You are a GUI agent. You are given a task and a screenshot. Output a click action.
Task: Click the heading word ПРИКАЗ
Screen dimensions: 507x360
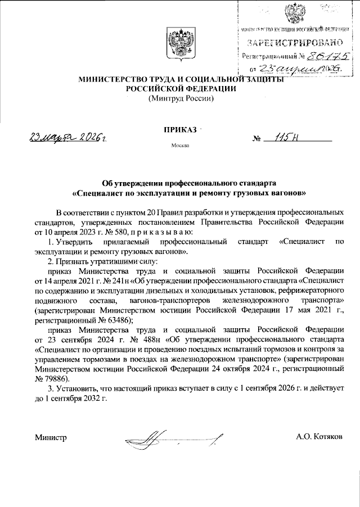click(x=180, y=130)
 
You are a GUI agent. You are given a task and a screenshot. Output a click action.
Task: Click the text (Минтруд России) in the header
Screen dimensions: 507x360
click(x=180, y=99)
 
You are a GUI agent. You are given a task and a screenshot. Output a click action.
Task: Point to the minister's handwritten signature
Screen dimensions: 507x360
click(x=174, y=437)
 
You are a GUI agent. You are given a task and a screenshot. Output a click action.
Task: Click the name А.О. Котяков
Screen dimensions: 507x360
click(x=322, y=436)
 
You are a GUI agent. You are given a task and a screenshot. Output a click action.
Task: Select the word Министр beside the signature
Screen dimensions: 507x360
click(x=51, y=436)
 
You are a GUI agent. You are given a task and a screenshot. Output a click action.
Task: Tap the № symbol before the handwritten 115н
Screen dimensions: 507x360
click(x=259, y=138)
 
